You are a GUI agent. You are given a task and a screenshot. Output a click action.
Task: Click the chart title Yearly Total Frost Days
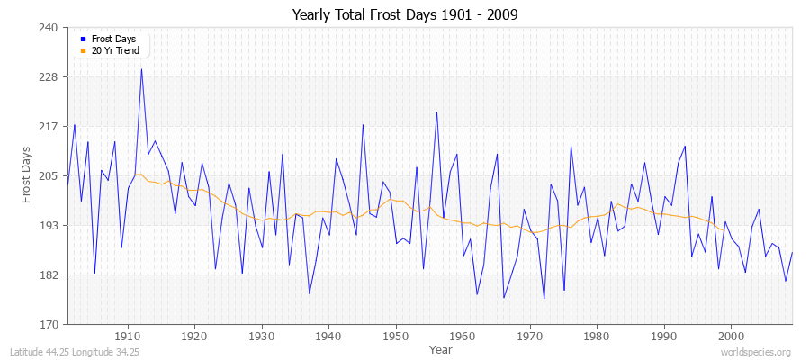tap(405, 15)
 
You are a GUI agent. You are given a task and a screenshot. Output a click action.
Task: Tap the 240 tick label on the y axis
tap(49, 28)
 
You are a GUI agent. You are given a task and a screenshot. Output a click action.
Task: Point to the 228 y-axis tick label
tap(49, 77)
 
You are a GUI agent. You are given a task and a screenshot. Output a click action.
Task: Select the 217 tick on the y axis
tap(49, 126)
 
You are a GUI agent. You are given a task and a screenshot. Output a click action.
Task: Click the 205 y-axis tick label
tap(49, 175)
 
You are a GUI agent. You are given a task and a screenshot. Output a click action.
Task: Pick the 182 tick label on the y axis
tap(49, 274)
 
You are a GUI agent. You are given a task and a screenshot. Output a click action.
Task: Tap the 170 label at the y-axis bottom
tap(49, 324)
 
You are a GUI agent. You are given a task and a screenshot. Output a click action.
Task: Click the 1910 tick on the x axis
tap(127, 336)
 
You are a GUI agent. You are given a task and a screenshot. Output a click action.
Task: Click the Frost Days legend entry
tap(113, 40)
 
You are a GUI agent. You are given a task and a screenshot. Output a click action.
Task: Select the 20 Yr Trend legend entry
tap(114, 50)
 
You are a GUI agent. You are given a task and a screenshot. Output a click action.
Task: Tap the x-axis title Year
tap(440, 348)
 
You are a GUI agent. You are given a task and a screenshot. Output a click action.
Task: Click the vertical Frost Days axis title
tap(28, 175)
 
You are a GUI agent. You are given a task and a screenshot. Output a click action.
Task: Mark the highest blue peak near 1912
tap(141, 69)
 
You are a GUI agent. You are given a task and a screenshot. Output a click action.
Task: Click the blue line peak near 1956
tap(436, 112)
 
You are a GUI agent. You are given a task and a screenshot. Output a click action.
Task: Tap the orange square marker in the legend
tap(84, 50)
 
